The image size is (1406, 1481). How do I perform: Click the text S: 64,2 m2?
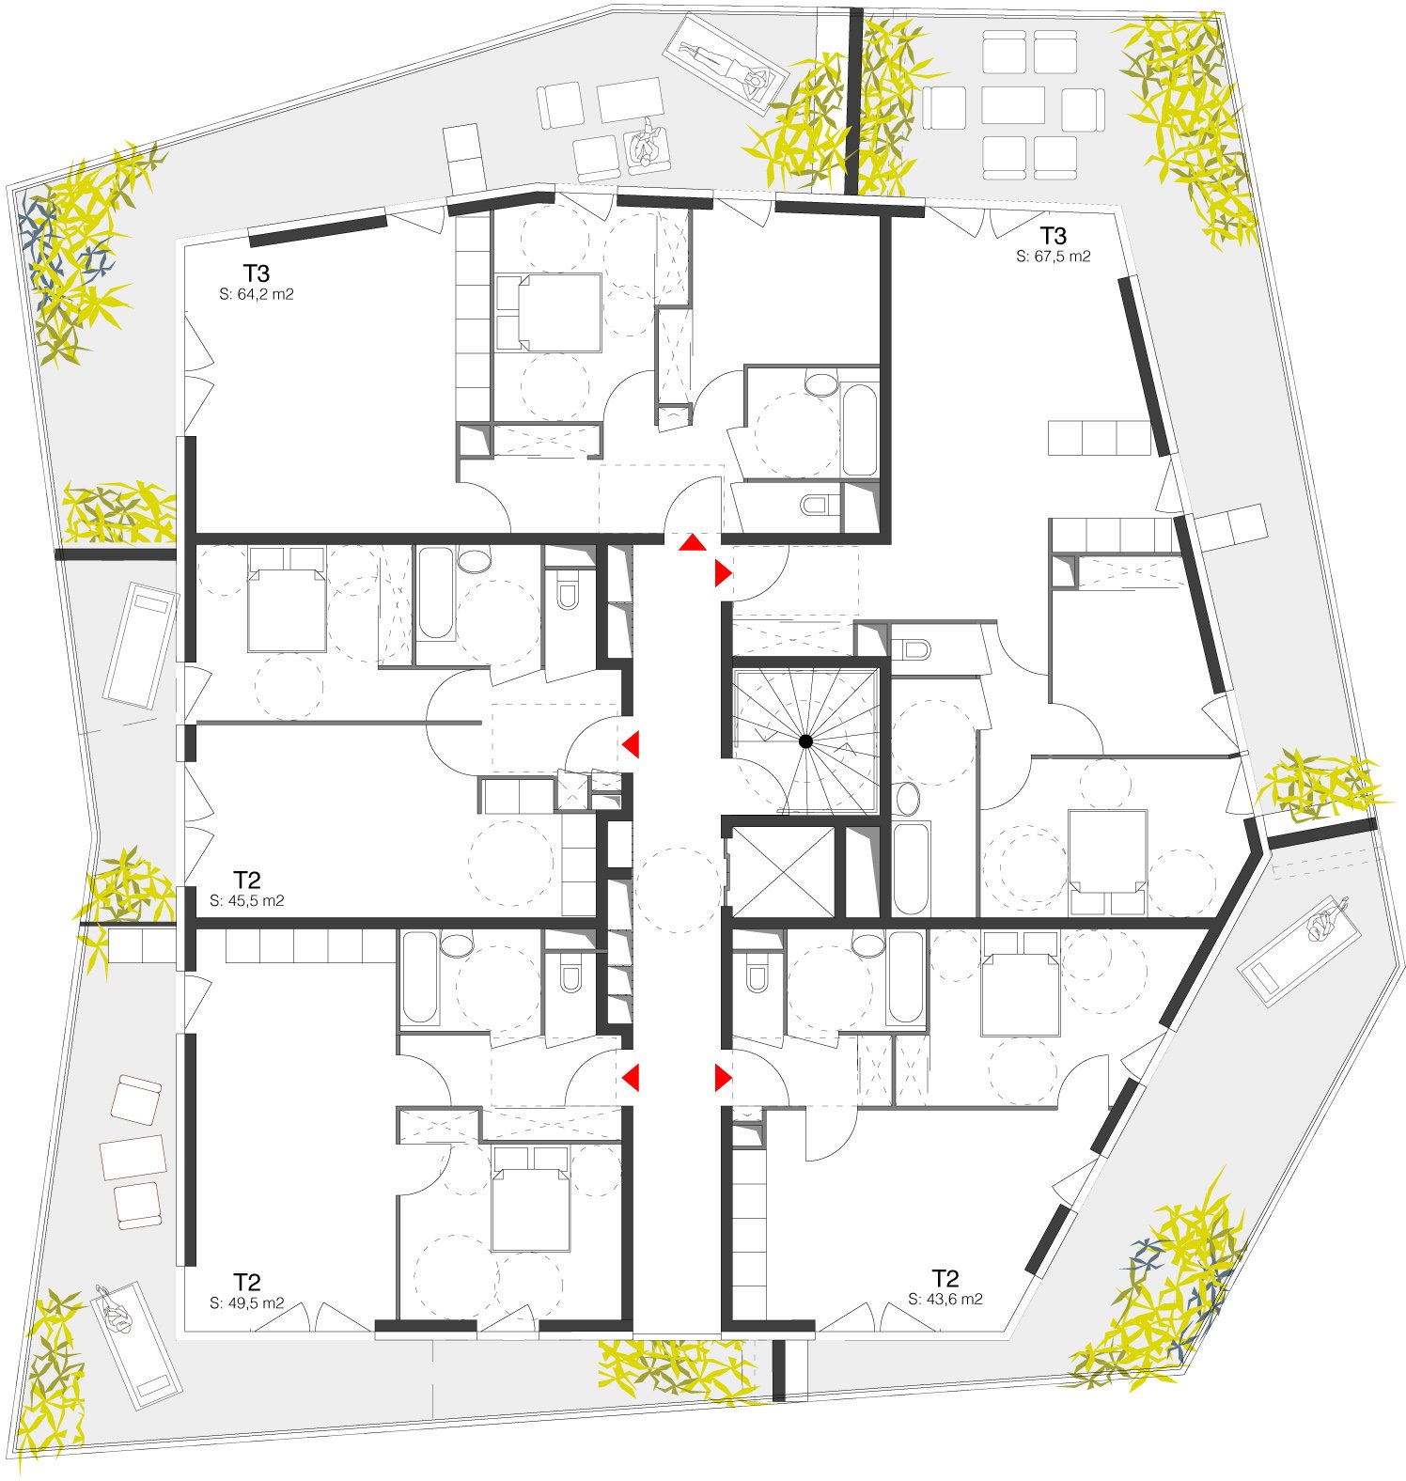[x=257, y=294]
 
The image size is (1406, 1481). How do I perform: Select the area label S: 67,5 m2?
[x=1054, y=256]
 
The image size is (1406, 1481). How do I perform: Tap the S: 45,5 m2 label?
[x=247, y=900]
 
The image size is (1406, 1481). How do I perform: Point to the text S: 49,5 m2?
[x=247, y=1303]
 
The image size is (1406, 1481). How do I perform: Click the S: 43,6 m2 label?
[x=945, y=1299]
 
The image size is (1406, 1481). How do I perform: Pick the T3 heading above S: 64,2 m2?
[x=257, y=273]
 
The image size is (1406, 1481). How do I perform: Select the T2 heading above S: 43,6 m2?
[x=945, y=1278]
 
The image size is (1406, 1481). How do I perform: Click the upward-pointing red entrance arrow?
[x=694, y=542]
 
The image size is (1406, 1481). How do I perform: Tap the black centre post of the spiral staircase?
[x=805, y=741]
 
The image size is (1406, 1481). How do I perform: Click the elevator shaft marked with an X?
[x=783, y=871]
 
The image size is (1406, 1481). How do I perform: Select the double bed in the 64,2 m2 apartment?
[x=548, y=312]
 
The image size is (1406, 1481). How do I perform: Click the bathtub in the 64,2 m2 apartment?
[x=859, y=430]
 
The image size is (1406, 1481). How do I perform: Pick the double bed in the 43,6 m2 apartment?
[x=1020, y=984]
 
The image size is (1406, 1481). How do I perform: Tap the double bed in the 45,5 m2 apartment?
[x=288, y=599]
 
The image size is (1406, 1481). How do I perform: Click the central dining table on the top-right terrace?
[x=1014, y=105]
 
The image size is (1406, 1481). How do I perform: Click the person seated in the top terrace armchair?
[x=647, y=147]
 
